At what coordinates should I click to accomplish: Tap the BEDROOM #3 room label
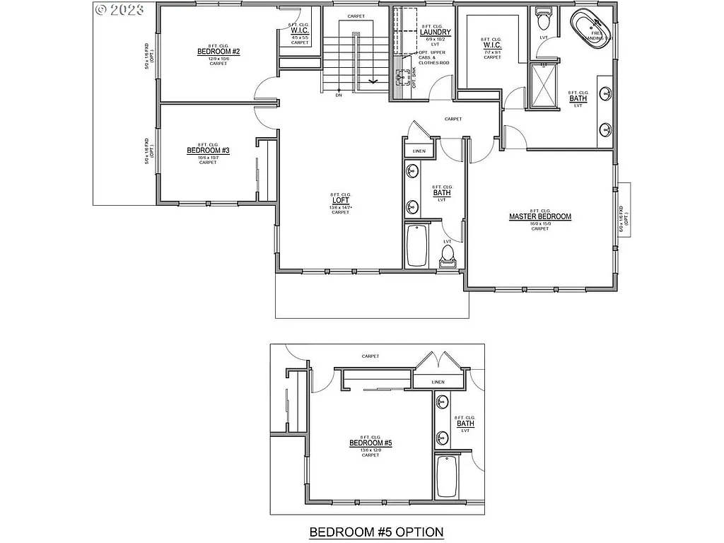click(x=208, y=151)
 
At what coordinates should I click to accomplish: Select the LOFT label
click(x=341, y=201)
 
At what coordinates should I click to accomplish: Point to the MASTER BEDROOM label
click(x=540, y=217)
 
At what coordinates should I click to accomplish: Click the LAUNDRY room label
click(x=435, y=33)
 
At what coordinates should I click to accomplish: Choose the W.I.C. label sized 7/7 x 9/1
click(x=492, y=45)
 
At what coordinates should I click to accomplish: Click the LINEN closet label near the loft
click(x=419, y=151)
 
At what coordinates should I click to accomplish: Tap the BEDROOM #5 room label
click(x=370, y=443)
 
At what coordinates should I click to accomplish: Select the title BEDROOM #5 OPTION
click(x=376, y=532)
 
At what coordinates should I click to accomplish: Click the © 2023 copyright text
click(x=119, y=9)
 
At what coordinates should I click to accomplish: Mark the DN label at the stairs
click(x=339, y=95)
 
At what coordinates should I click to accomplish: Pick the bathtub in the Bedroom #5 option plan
click(x=447, y=477)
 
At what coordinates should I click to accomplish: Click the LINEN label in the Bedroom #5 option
click(x=438, y=383)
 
